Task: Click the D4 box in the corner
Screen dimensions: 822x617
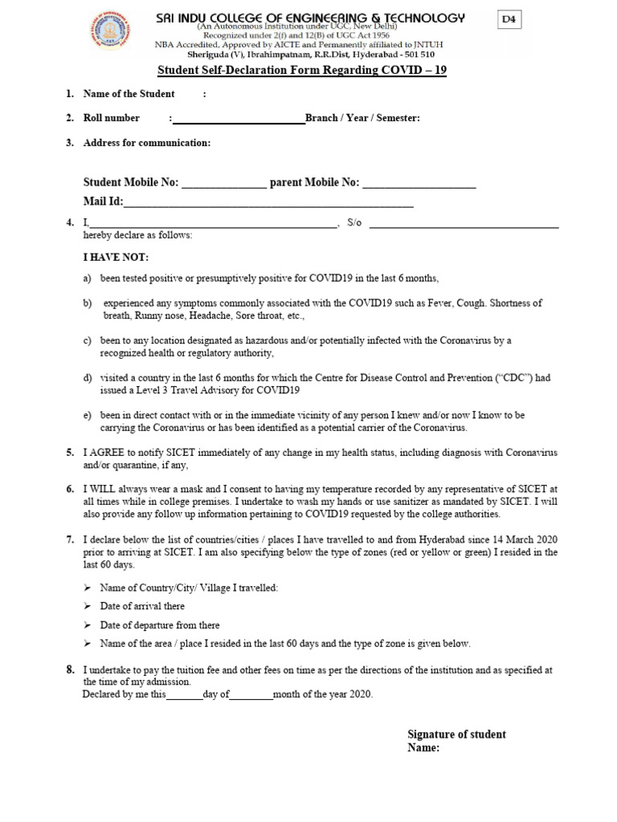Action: coord(508,21)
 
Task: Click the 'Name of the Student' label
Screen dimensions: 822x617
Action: coord(129,94)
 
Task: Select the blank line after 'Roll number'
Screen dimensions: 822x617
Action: coord(239,120)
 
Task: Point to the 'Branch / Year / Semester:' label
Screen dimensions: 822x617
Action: coord(362,118)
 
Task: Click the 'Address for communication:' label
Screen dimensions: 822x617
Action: coord(147,143)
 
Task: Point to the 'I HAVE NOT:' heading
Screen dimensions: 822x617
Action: coord(116,258)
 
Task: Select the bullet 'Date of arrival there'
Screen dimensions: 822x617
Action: coord(142,606)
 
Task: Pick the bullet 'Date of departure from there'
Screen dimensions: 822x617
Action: coord(159,625)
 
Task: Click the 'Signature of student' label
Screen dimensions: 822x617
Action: coord(456,734)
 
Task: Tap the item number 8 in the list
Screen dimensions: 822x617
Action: coord(71,669)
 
